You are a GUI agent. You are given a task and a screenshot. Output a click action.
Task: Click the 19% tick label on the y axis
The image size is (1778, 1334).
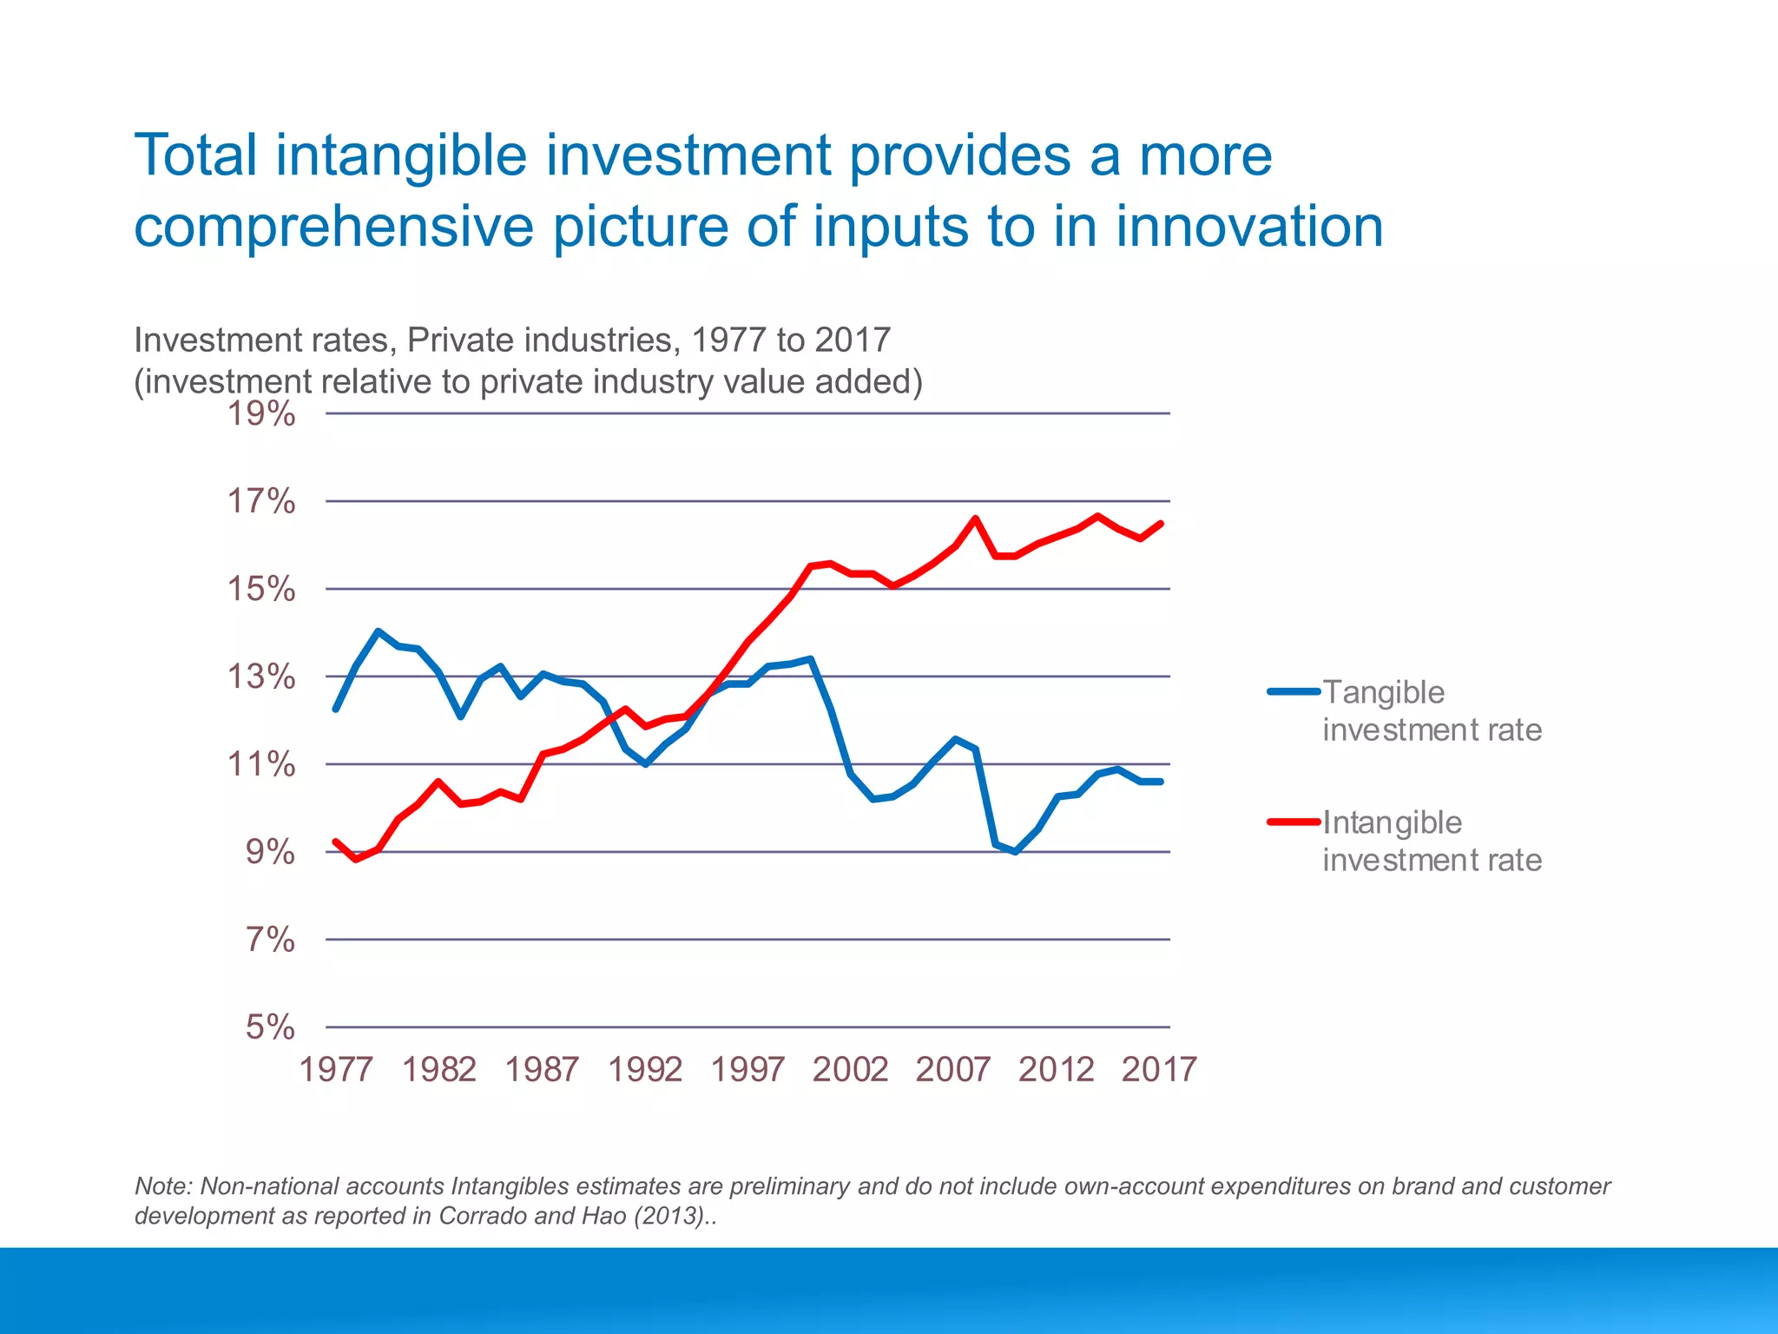[x=260, y=414]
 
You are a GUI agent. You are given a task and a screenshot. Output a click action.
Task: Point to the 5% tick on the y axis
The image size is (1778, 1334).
[x=270, y=1027]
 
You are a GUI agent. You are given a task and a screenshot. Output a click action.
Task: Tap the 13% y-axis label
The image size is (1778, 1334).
[x=260, y=677]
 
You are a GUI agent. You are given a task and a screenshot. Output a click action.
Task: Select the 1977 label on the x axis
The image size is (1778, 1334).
[x=336, y=1069]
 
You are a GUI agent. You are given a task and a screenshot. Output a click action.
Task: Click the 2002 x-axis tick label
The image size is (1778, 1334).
[x=850, y=1069]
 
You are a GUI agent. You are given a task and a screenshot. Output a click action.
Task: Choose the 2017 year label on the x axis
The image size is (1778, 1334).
[x=1159, y=1069]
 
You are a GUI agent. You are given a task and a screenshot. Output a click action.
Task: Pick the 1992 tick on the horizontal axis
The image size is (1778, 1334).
[x=644, y=1069]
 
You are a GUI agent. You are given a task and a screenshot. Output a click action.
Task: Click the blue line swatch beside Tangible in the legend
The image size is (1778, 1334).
[x=1293, y=692]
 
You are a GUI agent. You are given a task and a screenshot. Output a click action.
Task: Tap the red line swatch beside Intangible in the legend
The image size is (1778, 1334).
[x=1293, y=822]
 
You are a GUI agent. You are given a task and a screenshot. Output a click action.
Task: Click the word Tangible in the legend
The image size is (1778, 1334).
[x=1383, y=692]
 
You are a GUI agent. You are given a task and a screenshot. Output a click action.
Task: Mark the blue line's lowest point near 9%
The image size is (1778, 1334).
[x=1016, y=852]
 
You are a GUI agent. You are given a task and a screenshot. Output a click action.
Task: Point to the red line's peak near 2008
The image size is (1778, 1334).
[x=975, y=519]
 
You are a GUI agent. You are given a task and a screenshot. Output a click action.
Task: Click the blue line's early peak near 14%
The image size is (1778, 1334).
[x=378, y=631]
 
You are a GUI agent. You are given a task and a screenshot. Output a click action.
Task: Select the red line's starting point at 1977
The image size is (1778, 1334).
[x=336, y=842]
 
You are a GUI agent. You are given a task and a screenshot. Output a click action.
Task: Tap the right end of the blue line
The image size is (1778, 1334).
[x=1161, y=782]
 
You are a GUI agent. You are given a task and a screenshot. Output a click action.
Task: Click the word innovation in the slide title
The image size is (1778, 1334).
[x=1248, y=227]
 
